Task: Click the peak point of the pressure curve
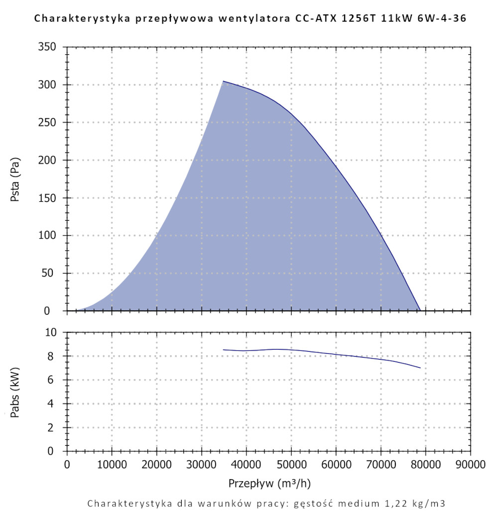click(x=223, y=81)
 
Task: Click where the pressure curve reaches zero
click(x=420, y=310)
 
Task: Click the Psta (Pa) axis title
click(x=16, y=179)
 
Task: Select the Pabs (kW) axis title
click(x=16, y=392)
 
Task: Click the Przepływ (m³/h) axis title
click(x=270, y=484)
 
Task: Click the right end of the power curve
click(x=420, y=368)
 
